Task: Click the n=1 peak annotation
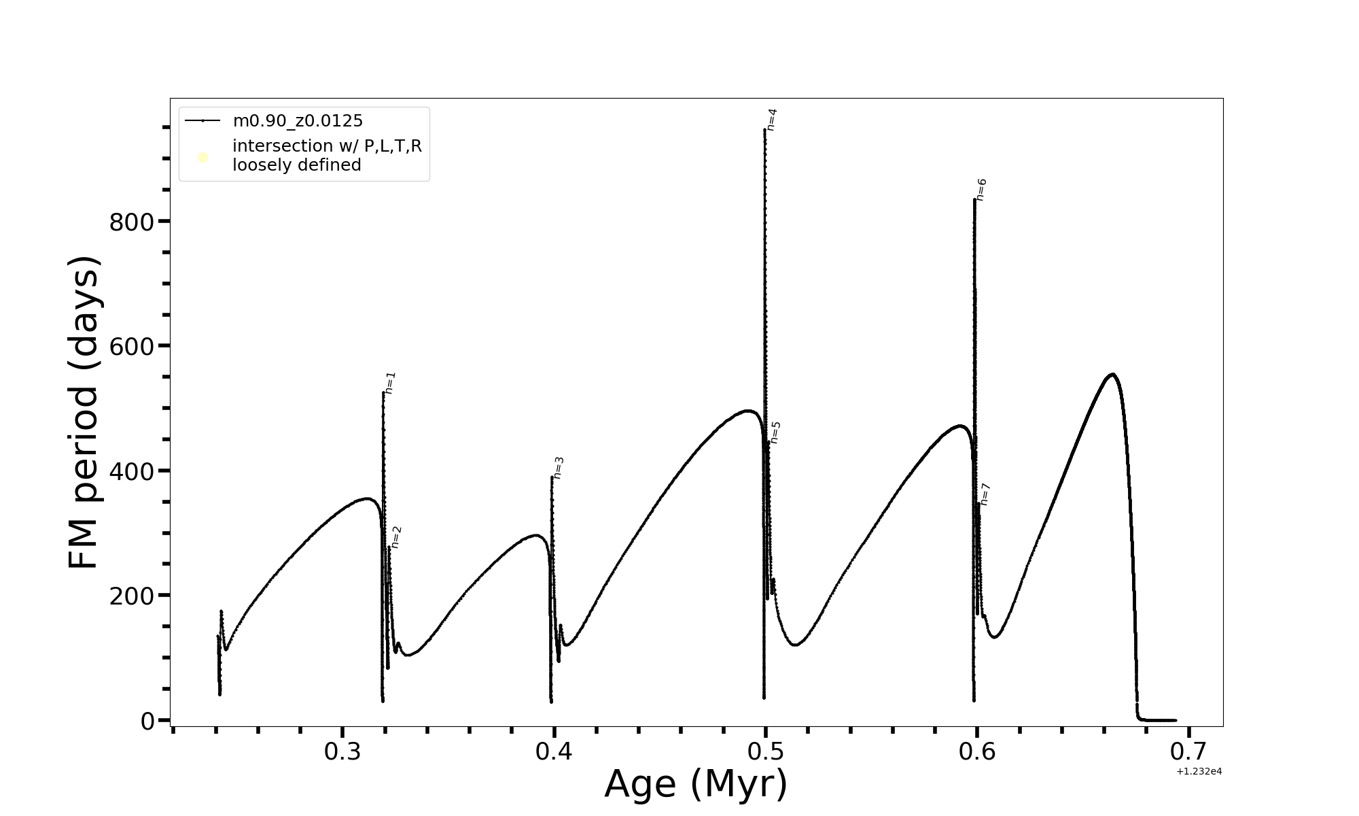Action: pyautogui.click(x=390, y=383)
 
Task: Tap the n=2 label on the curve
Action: pyautogui.click(x=396, y=537)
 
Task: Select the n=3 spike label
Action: pyautogui.click(x=559, y=468)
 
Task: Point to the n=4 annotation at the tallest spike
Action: pyautogui.click(x=771, y=120)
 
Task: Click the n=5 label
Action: pyautogui.click(x=775, y=432)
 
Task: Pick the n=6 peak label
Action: pyautogui.click(x=981, y=190)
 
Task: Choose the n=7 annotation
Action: pyautogui.click(x=985, y=494)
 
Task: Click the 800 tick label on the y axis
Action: pyautogui.click(x=130, y=222)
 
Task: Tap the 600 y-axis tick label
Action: pyautogui.click(x=130, y=347)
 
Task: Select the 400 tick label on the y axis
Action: pyautogui.click(x=130, y=471)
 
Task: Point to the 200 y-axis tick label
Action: pyautogui.click(x=130, y=596)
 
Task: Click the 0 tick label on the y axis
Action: pyautogui.click(x=147, y=721)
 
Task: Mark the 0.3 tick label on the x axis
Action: pyautogui.click(x=342, y=752)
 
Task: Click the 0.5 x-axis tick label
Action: pyautogui.click(x=766, y=752)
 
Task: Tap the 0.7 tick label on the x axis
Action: pyautogui.click(x=1188, y=752)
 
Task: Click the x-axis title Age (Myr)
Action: pyautogui.click(x=696, y=784)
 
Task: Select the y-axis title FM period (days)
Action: pyautogui.click(x=84, y=413)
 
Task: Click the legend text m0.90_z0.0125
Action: pyautogui.click(x=298, y=121)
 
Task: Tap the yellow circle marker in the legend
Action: pyautogui.click(x=202, y=158)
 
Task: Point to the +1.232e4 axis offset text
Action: pyautogui.click(x=1199, y=771)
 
